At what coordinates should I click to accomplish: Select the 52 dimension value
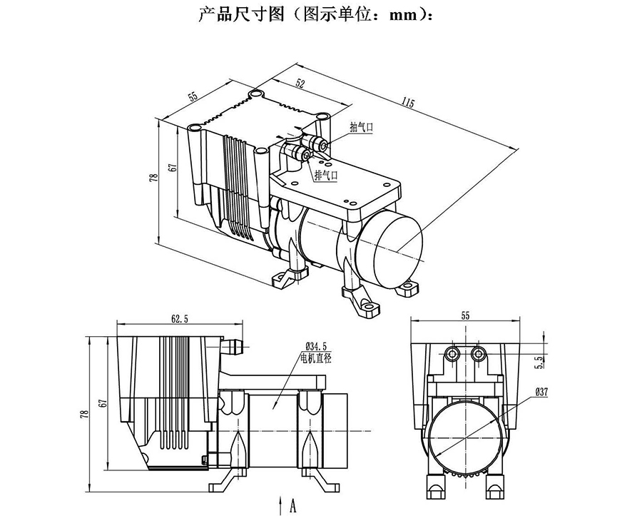coord(300,84)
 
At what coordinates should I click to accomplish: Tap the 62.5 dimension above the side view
coord(180,320)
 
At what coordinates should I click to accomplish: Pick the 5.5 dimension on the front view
coord(539,363)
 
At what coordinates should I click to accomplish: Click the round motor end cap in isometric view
coord(390,246)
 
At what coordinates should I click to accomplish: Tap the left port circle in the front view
coord(451,353)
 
